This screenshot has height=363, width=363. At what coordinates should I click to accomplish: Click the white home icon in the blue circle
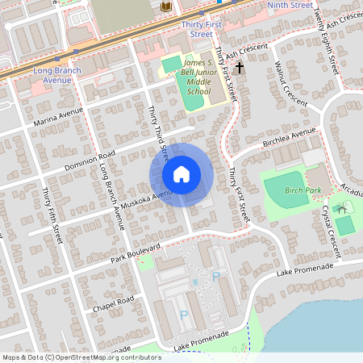tap(181, 174)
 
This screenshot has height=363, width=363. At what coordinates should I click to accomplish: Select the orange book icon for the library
tap(166, 7)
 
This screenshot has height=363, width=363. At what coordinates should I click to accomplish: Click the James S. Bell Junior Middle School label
tap(197, 77)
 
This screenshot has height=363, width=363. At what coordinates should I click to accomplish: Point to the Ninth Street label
tap(289, 6)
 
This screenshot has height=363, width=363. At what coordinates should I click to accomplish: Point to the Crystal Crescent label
tap(330, 231)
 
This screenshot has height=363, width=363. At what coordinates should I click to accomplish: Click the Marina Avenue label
tap(59, 118)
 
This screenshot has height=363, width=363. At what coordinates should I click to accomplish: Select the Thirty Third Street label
tap(158, 131)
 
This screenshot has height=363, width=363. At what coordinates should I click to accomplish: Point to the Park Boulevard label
tap(136, 252)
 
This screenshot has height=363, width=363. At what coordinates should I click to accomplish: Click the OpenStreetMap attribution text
tap(81, 357)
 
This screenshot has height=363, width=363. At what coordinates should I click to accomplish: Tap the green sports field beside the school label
tap(172, 63)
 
